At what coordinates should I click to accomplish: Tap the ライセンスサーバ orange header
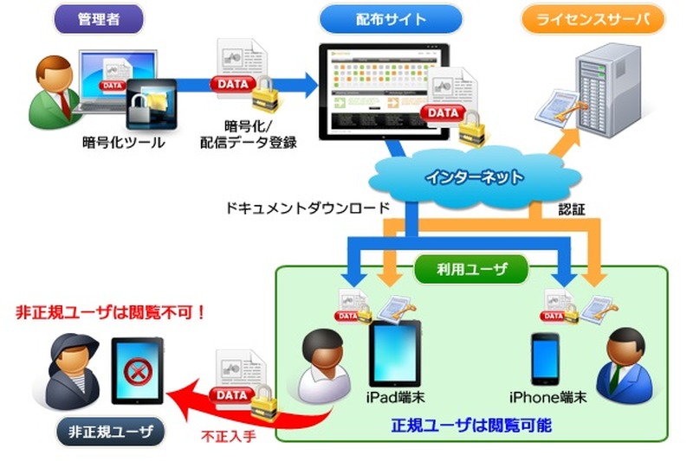[x=593, y=18]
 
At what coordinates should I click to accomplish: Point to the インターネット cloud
[x=474, y=178]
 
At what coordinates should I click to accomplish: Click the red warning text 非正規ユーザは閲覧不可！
[x=111, y=311]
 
